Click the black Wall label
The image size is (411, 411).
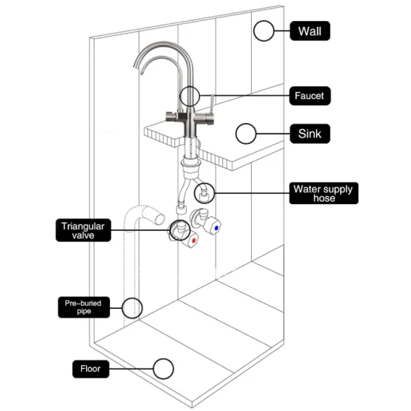coord(310,31)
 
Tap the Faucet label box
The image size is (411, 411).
coord(310,96)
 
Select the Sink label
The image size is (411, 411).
coord(310,134)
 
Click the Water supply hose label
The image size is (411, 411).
coord(323,193)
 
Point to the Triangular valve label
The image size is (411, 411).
coord(83,230)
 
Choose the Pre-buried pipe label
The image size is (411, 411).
coord(84,308)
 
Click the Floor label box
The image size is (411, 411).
coord(90,369)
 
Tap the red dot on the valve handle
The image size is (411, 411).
coord(194,240)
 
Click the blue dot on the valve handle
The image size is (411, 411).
coord(216,228)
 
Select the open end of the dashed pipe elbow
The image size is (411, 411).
coord(160,219)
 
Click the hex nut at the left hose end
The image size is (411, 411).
coord(181,210)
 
